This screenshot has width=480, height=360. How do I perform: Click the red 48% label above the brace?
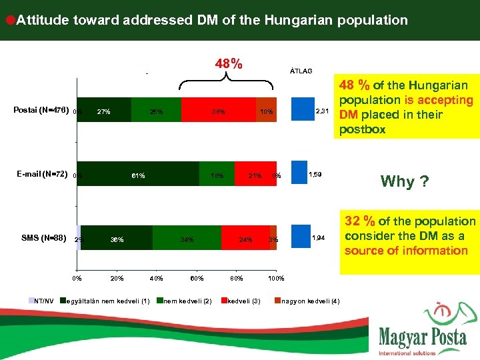click(x=229, y=64)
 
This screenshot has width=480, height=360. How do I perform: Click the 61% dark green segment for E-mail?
click(x=138, y=175)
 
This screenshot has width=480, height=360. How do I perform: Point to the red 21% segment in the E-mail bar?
click(x=255, y=175)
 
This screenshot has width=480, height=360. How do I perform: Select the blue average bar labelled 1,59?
click(x=300, y=174)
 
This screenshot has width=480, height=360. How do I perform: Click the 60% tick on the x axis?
click(x=197, y=278)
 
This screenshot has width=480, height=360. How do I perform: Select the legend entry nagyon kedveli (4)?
click(x=311, y=301)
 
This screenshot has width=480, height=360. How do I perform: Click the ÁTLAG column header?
click(x=301, y=70)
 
